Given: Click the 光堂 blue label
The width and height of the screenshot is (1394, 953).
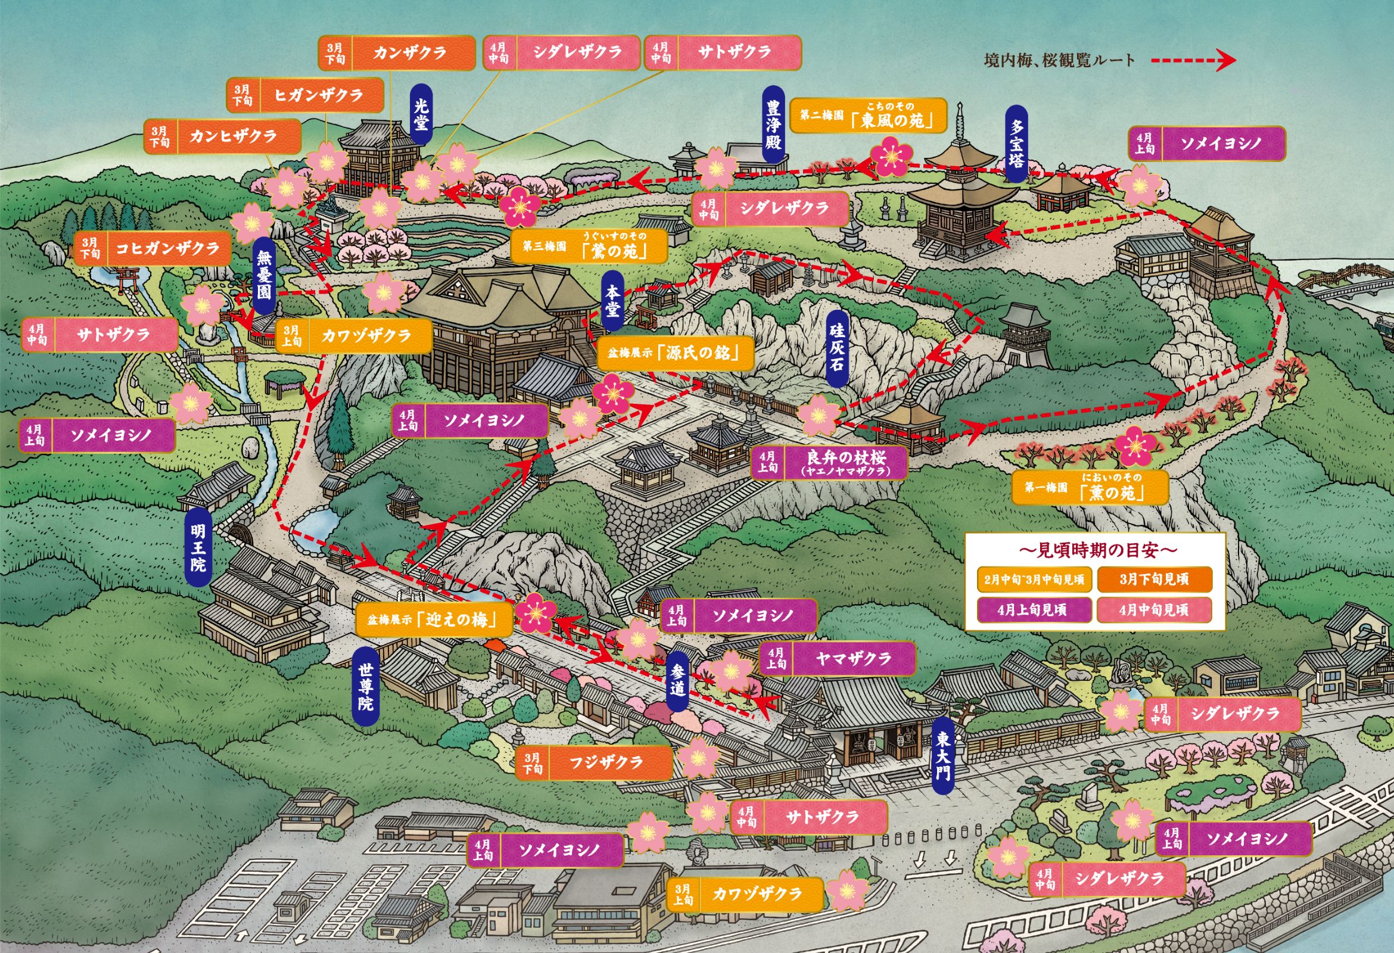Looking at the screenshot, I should point(422,114).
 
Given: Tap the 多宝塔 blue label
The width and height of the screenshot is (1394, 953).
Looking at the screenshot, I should point(1016,144).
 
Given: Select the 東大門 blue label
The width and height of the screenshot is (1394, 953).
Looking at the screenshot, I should point(943,756).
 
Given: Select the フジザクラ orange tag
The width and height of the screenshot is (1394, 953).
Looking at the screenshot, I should point(594,763).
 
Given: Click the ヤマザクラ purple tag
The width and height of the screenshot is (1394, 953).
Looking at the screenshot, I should point(838,659).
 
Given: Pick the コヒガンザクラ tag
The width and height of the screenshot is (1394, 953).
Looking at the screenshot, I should point(153,248).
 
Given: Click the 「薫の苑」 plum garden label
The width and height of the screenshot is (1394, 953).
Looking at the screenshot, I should point(1090,487).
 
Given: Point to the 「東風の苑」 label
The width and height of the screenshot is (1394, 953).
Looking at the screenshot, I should point(868,116).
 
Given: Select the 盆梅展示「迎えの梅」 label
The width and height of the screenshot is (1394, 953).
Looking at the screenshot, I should point(434,619).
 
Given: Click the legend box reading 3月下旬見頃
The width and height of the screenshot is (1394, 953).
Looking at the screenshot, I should point(1153,580).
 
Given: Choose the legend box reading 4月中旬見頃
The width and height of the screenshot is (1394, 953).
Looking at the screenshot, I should point(1153,611).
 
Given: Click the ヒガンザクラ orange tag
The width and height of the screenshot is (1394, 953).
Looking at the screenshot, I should point(304,95).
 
